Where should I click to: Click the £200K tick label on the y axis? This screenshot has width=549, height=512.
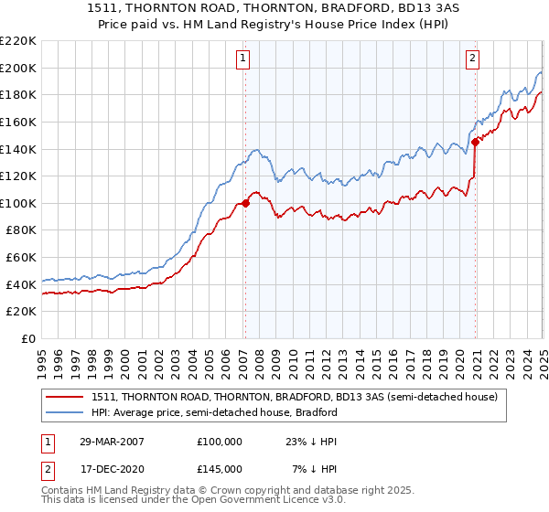coord(18,68)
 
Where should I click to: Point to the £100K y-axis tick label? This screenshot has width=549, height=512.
coord(18,203)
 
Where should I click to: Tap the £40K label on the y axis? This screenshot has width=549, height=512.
coord(21,284)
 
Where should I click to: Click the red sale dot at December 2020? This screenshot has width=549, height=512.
coord(476,142)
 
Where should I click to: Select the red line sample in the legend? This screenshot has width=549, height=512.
coord(65,397)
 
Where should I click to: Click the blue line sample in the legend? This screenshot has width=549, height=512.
coord(65,412)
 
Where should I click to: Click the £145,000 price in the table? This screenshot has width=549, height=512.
coord(220,468)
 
